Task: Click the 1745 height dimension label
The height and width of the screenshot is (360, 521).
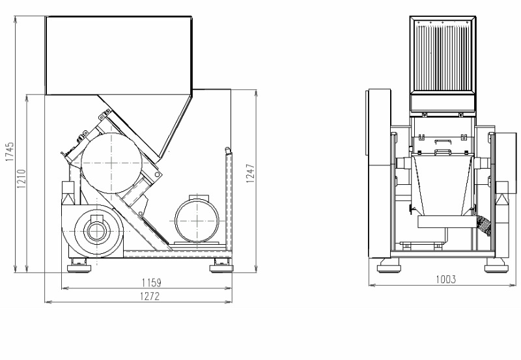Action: coord(10,152)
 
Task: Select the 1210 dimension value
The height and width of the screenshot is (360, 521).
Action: coord(21,178)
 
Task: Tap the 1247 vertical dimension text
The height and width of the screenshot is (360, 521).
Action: coord(250,173)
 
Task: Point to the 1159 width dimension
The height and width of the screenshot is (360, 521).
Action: coord(152,283)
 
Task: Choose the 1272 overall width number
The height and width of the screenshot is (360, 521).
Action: coord(150,296)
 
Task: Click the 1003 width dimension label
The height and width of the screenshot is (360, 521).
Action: coord(446,279)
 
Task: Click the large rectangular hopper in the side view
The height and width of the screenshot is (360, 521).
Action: coord(119,55)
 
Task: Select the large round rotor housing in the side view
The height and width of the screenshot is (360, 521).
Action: coord(111,163)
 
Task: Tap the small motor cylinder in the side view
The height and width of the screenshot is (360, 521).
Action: coord(197,221)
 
